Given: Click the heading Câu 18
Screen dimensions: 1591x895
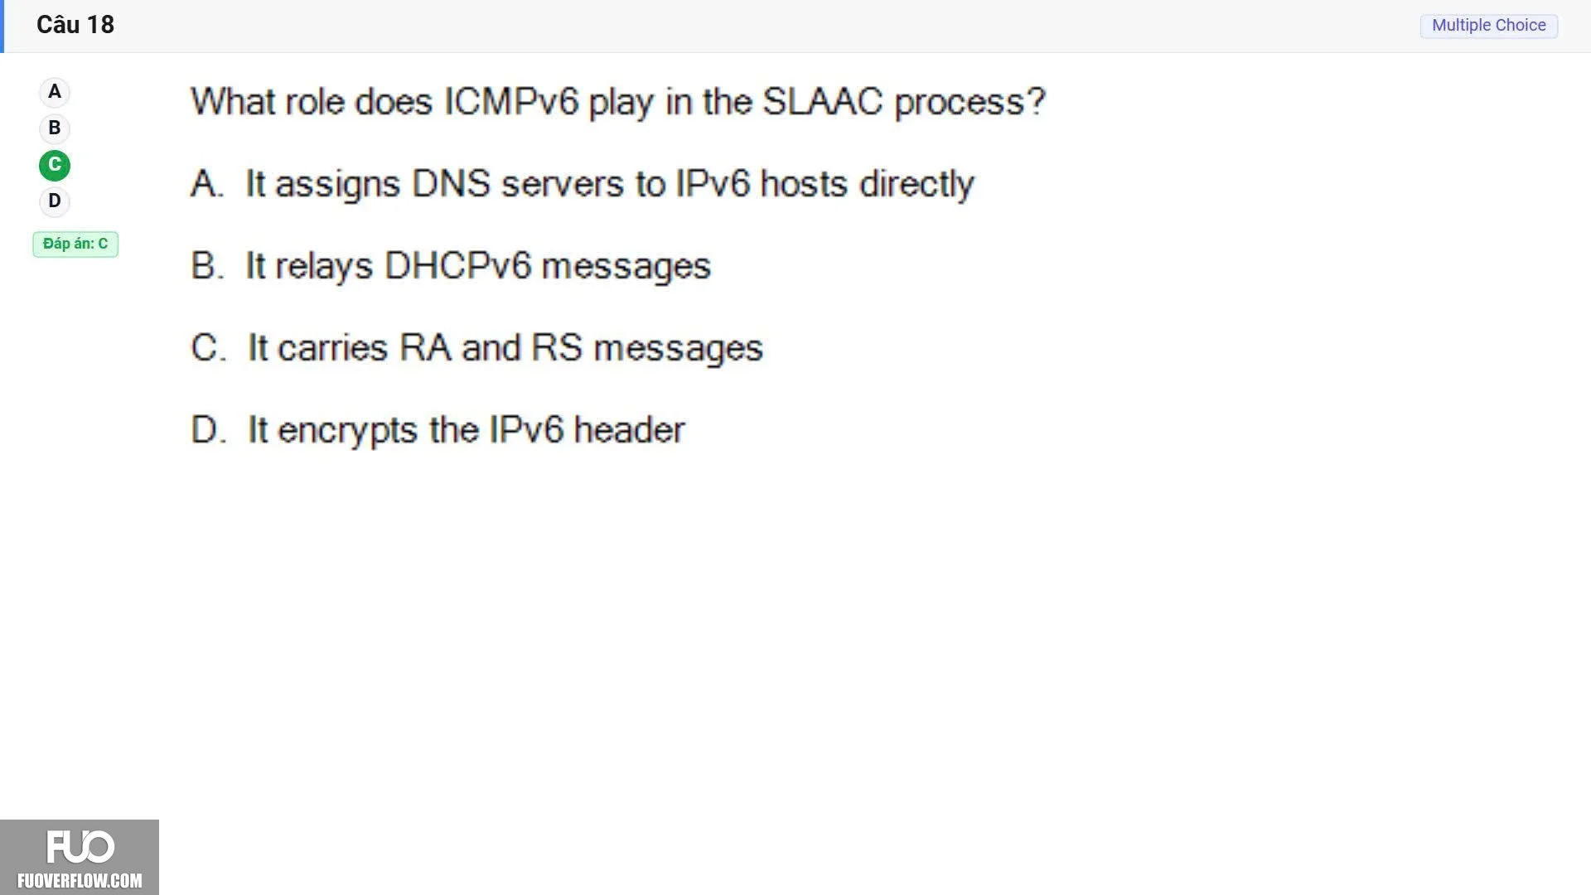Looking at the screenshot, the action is [75, 25].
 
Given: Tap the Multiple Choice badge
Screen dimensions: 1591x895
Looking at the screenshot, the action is [1489, 26].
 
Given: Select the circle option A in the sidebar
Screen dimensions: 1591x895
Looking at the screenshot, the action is [55, 92].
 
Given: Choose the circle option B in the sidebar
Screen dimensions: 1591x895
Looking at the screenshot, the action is [55, 128].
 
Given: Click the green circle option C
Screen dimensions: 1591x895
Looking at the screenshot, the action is [55, 165].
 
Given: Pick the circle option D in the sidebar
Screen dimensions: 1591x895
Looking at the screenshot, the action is [55, 201].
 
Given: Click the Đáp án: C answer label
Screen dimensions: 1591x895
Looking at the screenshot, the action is [75, 244].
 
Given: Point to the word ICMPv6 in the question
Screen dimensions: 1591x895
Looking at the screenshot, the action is [510, 102].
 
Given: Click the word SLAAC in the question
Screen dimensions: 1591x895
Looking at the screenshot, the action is [823, 102].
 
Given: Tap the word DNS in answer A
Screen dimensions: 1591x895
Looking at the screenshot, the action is [451, 184].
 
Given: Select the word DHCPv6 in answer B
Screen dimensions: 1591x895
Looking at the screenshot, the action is [457, 266].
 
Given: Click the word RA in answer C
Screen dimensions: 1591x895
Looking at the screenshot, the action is [425, 348].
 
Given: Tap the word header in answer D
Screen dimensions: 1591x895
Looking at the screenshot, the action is [629, 430].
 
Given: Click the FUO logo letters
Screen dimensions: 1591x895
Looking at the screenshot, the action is [80, 847].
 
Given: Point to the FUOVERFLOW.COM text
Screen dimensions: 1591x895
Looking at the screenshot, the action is [80, 881].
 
